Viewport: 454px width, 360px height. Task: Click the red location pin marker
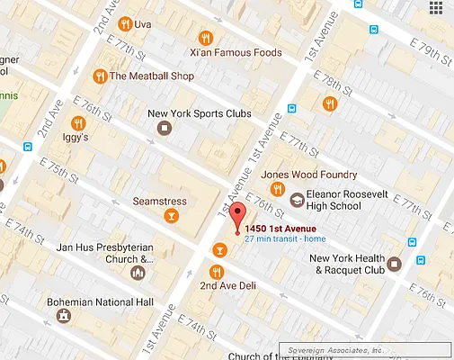(x=237, y=216)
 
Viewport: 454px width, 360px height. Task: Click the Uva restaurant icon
(x=126, y=22)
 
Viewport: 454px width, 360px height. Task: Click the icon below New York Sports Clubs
(x=164, y=128)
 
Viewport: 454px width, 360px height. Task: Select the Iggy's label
(x=75, y=139)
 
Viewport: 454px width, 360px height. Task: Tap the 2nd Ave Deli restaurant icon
(x=216, y=271)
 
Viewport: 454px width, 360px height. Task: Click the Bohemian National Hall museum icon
(x=63, y=316)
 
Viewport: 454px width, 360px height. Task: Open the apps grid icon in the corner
(x=436, y=10)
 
